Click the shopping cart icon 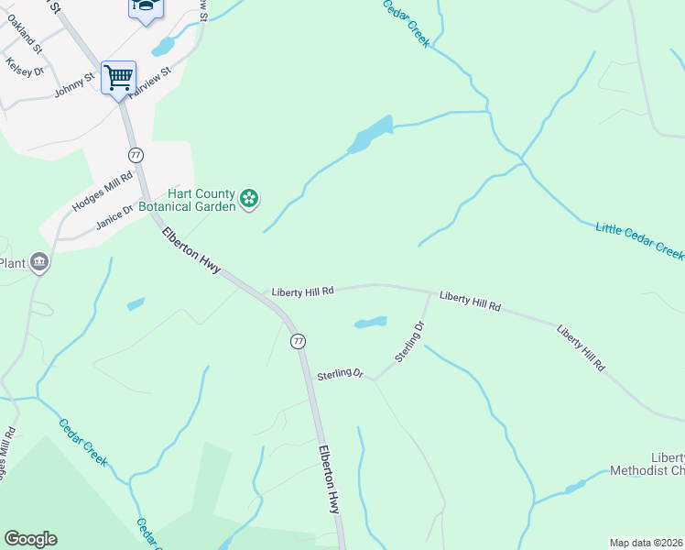pos(118,77)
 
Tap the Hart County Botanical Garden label pos(201,200)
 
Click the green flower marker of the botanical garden pos(249,199)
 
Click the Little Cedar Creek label pos(640,240)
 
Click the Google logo pos(30,539)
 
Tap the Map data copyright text pos(647,543)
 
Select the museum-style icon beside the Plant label pos(39,264)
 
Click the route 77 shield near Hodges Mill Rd pos(136,155)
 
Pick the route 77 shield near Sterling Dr pos(298,341)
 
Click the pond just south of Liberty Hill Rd pos(370,323)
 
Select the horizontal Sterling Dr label pos(340,375)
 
